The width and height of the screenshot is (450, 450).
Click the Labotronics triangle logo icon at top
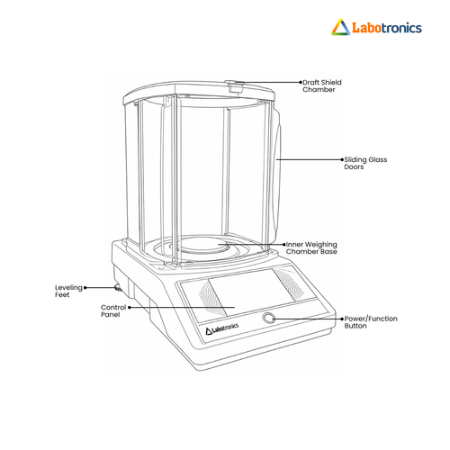coord(340,27)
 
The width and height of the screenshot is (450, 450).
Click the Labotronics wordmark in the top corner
coord(387,28)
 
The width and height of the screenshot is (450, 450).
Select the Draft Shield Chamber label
coord(322,85)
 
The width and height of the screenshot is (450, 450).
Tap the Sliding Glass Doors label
coord(365,163)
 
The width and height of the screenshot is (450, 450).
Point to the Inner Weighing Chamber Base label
coord(311,247)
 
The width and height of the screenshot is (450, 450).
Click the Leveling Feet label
coord(68,291)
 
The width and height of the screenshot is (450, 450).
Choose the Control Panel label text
coord(113,310)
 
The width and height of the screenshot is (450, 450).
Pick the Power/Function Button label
coord(371,322)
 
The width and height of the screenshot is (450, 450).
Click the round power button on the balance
coord(268,318)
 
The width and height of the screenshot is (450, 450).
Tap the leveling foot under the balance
coord(117,288)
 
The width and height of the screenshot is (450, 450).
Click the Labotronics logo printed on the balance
coord(222,328)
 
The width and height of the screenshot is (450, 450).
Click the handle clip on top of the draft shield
coord(235,86)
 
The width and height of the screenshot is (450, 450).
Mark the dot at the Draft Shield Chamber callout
coord(301,82)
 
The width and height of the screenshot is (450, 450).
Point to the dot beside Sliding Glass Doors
coord(342,159)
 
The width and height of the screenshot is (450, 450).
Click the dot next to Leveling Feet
coord(85,288)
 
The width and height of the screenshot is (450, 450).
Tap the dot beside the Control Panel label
coord(130,307)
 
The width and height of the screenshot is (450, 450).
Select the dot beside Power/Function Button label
coord(342,319)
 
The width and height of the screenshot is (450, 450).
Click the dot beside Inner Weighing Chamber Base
coord(283,245)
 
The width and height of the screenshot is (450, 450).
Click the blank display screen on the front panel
coord(251,292)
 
